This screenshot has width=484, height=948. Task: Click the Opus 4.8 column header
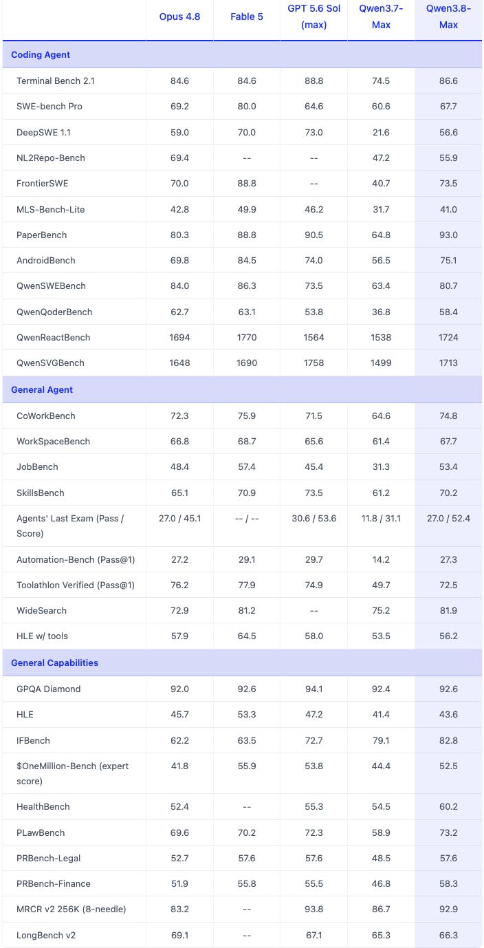click(x=179, y=17)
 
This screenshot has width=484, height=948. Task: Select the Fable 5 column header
click(x=247, y=17)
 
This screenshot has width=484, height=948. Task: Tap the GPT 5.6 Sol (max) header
click(x=314, y=17)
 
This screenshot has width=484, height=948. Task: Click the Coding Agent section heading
click(x=41, y=54)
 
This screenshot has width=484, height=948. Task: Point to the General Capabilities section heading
click(x=54, y=662)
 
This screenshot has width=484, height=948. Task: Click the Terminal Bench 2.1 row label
click(x=56, y=80)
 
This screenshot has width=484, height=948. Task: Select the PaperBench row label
click(x=41, y=235)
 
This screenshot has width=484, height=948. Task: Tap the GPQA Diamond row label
click(x=48, y=689)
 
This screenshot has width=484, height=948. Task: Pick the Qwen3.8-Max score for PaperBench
click(x=448, y=235)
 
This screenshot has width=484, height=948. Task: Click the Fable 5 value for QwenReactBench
click(x=247, y=337)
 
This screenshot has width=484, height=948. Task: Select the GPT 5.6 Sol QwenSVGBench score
click(x=314, y=363)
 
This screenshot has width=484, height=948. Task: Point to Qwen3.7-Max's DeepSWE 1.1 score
click(x=381, y=133)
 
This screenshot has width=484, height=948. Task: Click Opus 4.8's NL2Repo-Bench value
click(x=179, y=158)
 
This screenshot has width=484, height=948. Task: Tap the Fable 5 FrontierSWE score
click(x=247, y=183)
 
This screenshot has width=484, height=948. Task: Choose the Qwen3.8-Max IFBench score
click(x=448, y=741)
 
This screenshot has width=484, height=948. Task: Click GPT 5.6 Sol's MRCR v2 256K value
click(x=314, y=909)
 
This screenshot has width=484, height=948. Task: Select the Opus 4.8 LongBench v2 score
click(x=179, y=936)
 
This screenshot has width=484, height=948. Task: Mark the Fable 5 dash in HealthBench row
click(x=247, y=807)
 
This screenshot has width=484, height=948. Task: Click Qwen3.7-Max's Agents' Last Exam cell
click(x=381, y=519)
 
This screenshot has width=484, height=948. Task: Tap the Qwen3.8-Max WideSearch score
click(x=448, y=611)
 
